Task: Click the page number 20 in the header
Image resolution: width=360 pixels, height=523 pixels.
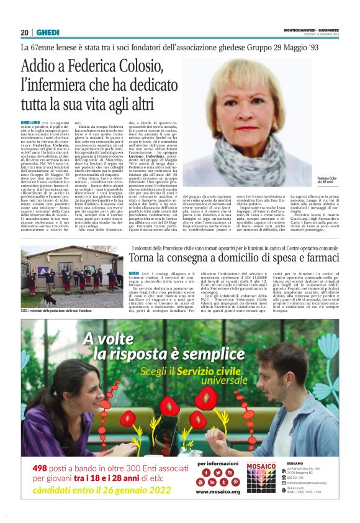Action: pos(25,32)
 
